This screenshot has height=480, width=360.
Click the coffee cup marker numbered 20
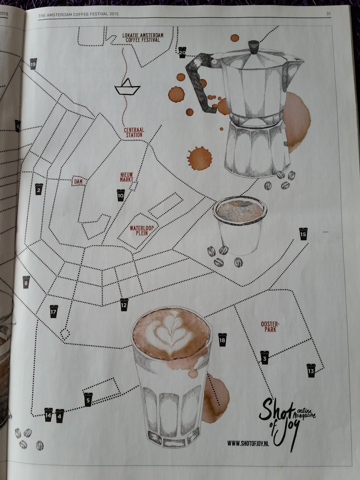(182, 52)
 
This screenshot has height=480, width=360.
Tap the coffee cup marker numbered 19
(33, 64)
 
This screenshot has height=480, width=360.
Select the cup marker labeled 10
(121, 195)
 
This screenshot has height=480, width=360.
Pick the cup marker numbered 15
(303, 234)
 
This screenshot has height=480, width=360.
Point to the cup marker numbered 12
(124, 304)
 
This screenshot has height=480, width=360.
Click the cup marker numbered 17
(54, 311)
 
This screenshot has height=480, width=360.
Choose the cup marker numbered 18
(222, 340)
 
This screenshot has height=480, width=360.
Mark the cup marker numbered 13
(311, 370)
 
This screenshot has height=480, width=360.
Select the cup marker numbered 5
(88, 400)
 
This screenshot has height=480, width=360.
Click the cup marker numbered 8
(26, 282)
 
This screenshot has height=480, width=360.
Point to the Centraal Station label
(134, 133)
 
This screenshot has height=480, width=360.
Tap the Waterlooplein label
(142, 230)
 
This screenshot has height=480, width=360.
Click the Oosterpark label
(270, 327)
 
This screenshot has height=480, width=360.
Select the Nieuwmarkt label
(127, 177)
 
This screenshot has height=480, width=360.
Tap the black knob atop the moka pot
(253, 47)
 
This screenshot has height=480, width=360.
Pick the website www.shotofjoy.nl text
(248, 443)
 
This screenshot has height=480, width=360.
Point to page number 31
(328, 13)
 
